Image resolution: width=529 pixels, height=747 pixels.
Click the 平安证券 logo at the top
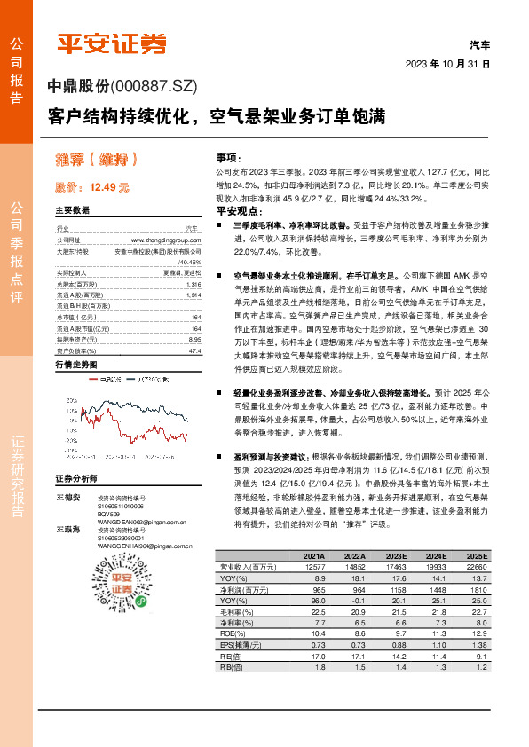point(112,43)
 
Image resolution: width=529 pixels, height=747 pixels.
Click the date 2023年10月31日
point(447,64)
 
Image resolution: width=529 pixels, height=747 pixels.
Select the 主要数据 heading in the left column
point(72,210)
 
